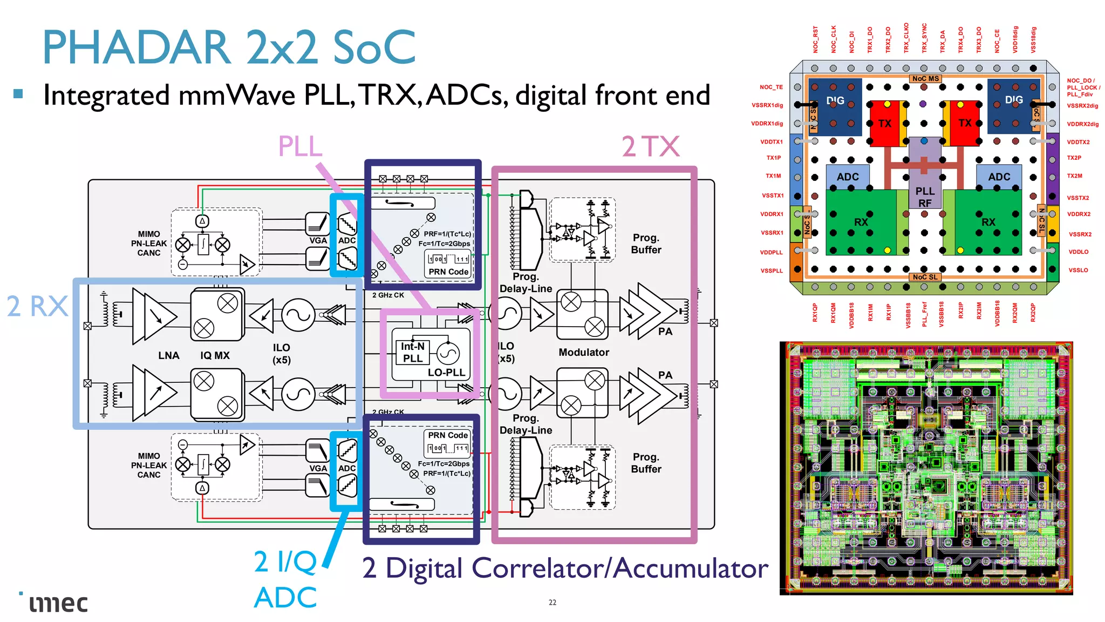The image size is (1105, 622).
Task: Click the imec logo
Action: pyautogui.click(x=58, y=603)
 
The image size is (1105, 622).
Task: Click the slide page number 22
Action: pyautogui.click(x=552, y=602)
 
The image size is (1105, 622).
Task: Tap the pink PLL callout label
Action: pyautogui.click(x=300, y=146)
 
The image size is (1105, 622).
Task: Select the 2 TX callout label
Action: pyautogui.click(x=650, y=146)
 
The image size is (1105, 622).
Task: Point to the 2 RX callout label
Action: pyautogui.click(x=37, y=307)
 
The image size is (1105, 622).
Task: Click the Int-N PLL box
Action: pyautogui.click(x=413, y=353)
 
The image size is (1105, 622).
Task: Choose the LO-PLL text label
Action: pyautogui.click(x=446, y=373)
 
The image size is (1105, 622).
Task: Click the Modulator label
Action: pyautogui.click(x=583, y=352)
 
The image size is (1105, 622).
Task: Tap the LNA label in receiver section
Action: pyautogui.click(x=168, y=355)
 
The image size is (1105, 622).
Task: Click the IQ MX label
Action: pyautogui.click(x=215, y=355)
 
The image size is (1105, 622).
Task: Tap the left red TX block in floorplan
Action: pyautogui.click(x=885, y=124)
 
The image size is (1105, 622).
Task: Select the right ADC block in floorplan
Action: pyautogui.click(x=999, y=177)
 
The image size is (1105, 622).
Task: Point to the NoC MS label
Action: pyautogui.click(x=925, y=79)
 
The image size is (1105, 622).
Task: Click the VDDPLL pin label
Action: pyautogui.click(x=771, y=252)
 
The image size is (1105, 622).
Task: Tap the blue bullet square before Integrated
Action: pyautogui.click(x=18, y=94)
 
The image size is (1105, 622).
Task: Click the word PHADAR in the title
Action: pyautogui.click(x=137, y=48)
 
